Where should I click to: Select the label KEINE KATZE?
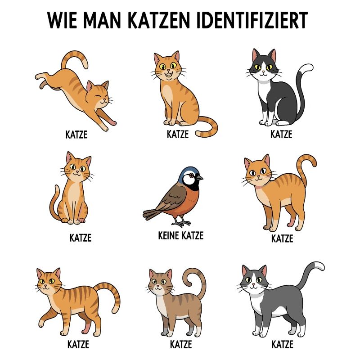point(181,235)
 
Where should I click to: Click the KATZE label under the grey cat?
point(283,345)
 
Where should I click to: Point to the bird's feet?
point(182,223)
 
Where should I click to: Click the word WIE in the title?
point(61,20)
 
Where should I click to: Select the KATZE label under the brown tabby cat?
point(181,345)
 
